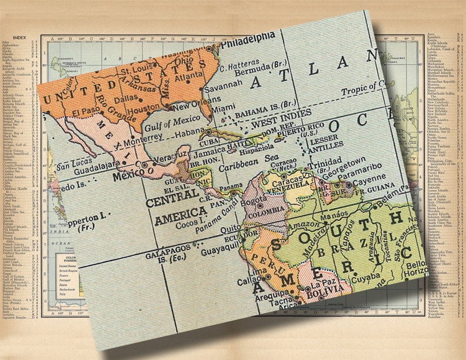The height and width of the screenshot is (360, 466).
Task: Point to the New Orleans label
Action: [200, 106]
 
